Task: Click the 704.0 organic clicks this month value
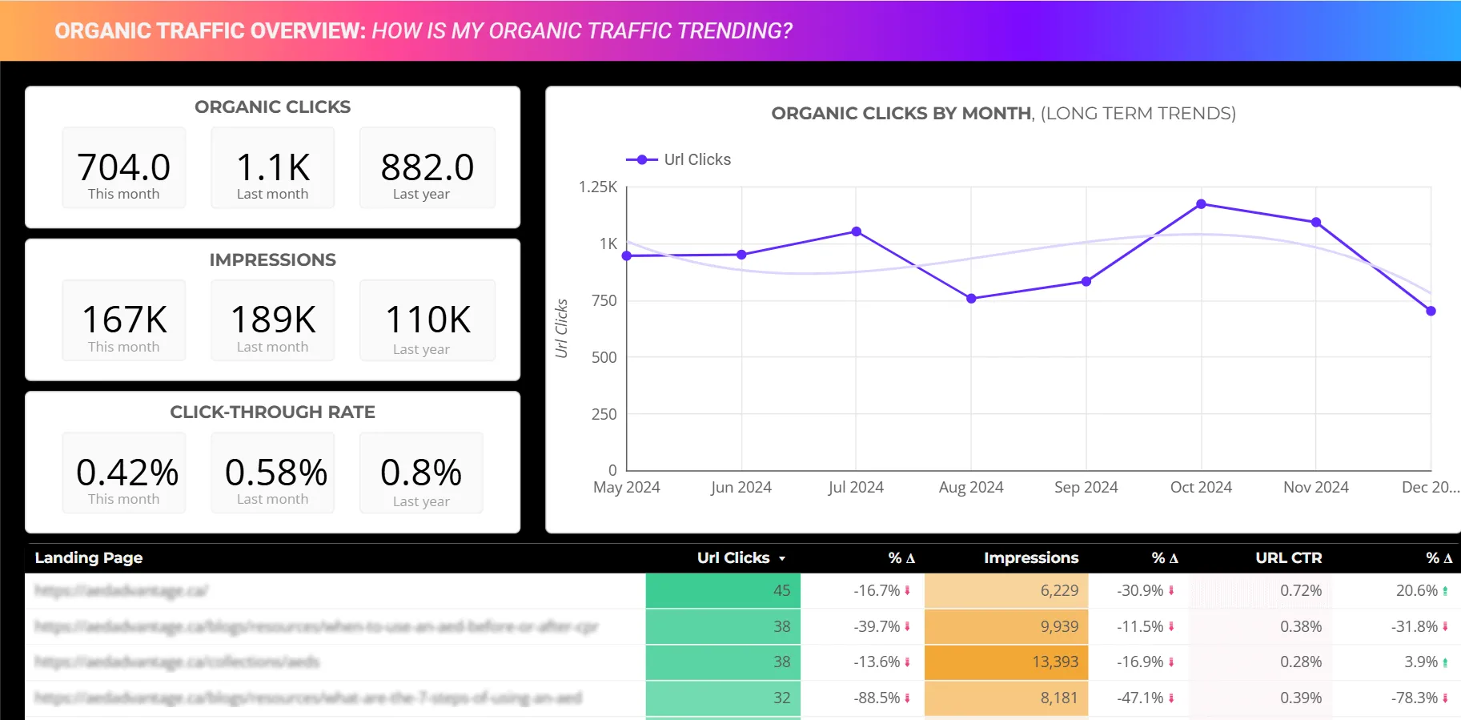click(x=124, y=167)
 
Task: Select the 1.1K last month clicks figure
click(x=273, y=167)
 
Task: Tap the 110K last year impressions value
click(x=427, y=320)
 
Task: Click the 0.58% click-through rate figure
click(x=276, y=473)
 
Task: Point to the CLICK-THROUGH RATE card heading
click(x=272, y=412)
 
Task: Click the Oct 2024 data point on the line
click(x=1201, y=204)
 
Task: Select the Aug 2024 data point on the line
click(x=971, y=299)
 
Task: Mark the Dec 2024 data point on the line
click(x=1431, y=311)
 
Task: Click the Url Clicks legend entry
click(x=679, y=159)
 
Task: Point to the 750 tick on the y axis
click(x=604, y=300)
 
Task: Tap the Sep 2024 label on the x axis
click(x=1086, y=487)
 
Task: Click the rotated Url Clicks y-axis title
click(x=561, y=328)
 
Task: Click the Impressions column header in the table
click(x=1030, y=557)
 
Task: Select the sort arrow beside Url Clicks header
click(x=782, y=558)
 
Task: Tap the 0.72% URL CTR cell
click(x=1300, y=590)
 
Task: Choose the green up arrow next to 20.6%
click(x=1445, y=591)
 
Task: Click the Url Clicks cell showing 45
click(x=781, y=590)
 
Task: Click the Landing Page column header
click(x=89, y=557)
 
